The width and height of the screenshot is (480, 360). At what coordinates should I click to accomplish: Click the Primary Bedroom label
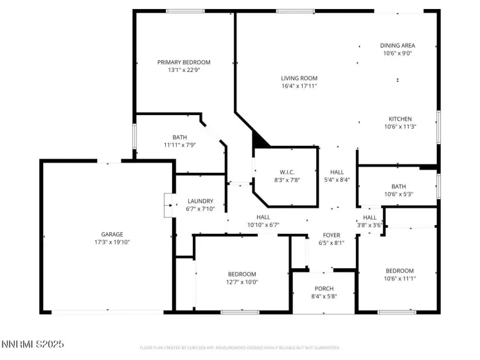(x=184, y=62)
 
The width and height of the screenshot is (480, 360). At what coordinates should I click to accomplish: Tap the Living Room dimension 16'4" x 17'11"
(x=299, y=86)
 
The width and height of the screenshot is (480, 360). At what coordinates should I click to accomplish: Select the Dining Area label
(x=397, y=46)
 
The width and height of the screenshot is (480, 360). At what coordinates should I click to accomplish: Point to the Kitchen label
(x=400, y=119)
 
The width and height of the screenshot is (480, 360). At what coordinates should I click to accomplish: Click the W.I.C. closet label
(x=287, y=172)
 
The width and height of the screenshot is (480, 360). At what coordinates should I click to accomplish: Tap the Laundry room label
(x=200, y=201)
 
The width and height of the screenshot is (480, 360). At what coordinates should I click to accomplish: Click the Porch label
(x=324, y=288)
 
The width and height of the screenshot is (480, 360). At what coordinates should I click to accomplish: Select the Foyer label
(x=332, y=235)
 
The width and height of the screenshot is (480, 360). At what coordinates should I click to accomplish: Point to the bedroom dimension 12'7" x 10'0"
(x=242, y=282)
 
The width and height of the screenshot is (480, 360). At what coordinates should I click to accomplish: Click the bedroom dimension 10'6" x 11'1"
(x=400, y=278)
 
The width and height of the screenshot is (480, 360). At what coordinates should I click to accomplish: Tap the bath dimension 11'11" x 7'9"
(x=179, y=145)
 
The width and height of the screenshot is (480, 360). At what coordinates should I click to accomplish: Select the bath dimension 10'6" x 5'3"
(x=398, y=194)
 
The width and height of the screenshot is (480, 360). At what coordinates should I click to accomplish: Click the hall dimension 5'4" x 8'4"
(x=337, y=180)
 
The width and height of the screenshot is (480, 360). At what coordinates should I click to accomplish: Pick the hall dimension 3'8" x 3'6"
(x=369, y=225)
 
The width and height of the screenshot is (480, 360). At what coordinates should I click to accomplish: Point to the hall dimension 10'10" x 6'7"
(x=263, y=225)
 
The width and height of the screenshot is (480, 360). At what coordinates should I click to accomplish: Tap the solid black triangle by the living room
(x=260, y=139)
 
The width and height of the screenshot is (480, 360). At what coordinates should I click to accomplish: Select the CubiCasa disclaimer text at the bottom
(x=240, y=348)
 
